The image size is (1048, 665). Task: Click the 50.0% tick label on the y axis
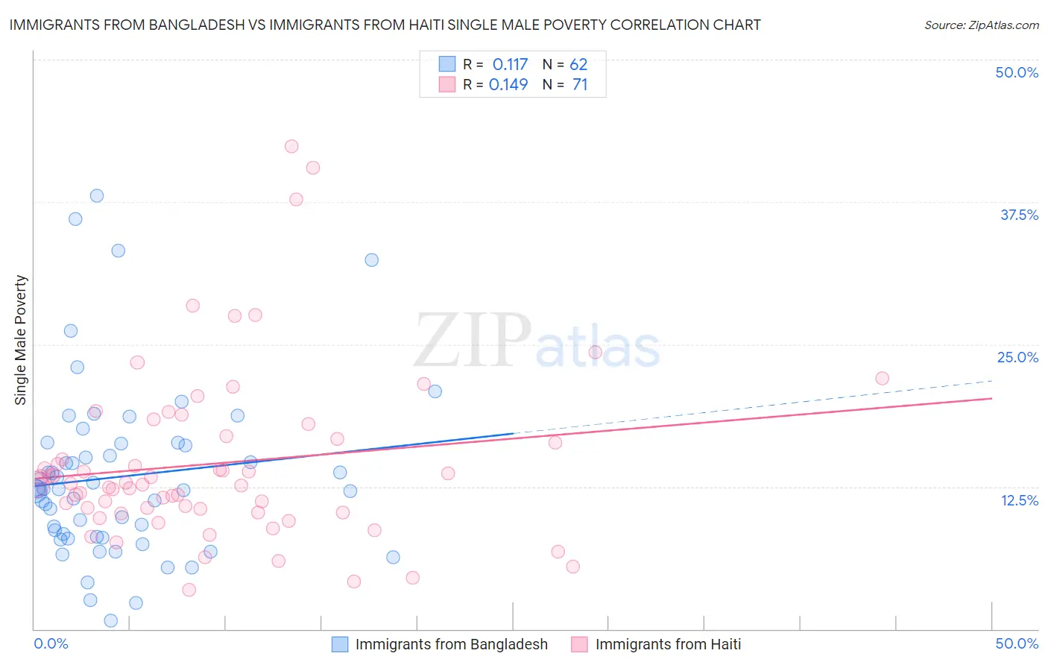(1017, 72)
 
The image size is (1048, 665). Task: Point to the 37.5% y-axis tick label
(1019, 215)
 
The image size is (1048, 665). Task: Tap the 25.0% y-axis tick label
(1017, 357)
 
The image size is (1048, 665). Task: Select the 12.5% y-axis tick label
(1019, 500)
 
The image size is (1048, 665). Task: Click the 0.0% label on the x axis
(51, 643)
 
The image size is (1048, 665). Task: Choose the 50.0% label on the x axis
(1017, 643)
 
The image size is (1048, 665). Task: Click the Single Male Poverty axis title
(21, 340)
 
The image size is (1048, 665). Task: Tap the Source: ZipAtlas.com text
(982, 25)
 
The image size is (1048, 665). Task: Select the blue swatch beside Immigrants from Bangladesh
(340, 644)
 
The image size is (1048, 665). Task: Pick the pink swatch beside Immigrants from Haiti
(579, 644)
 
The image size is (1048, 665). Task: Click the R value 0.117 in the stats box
(510, 65)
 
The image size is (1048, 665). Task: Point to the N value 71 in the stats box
(580, 85)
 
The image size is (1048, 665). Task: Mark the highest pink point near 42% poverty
(291, 146)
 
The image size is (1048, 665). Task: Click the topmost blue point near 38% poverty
(97, 196)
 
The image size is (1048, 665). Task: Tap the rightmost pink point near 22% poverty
(882, 378)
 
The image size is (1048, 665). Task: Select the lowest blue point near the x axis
(111, 620)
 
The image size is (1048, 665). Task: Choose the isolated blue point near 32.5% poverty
(371, 260)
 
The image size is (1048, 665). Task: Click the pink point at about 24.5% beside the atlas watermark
(595, 352)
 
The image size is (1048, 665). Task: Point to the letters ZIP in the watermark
(473, 341)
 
